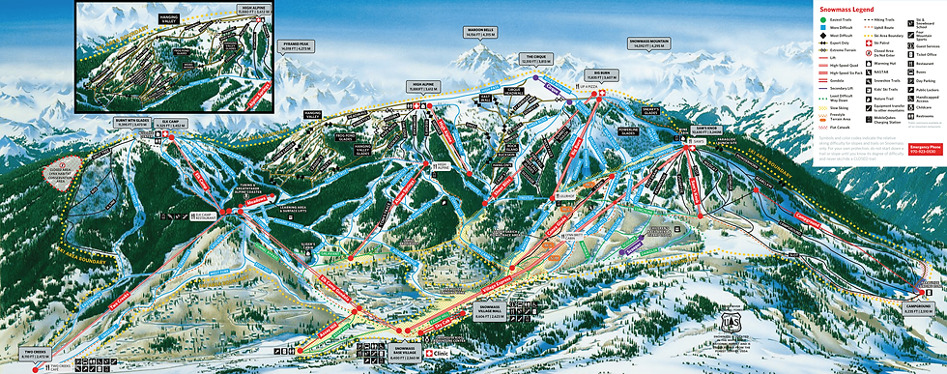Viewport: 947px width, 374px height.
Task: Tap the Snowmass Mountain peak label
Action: point(646,43)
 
